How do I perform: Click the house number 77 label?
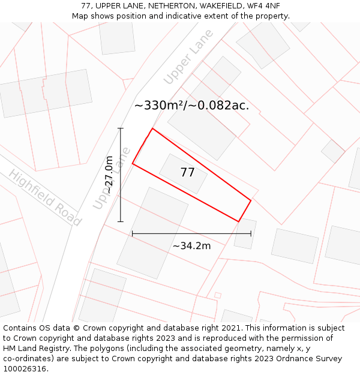[187, 173]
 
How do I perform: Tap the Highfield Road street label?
[44, 197]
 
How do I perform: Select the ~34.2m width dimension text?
[191, 245]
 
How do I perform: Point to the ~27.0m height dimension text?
[109, 175]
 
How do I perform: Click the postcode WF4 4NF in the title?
[263, 6]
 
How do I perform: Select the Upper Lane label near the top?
[188, 57]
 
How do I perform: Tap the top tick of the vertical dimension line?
[121, 128]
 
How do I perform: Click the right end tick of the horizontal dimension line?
[251, 233]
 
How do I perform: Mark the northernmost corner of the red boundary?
[152, 128]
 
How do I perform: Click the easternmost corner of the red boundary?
[251, 200]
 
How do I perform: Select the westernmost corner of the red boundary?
[133, 164]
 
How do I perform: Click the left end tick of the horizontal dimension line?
[133, 233]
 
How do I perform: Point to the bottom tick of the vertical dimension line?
[121, 221]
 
